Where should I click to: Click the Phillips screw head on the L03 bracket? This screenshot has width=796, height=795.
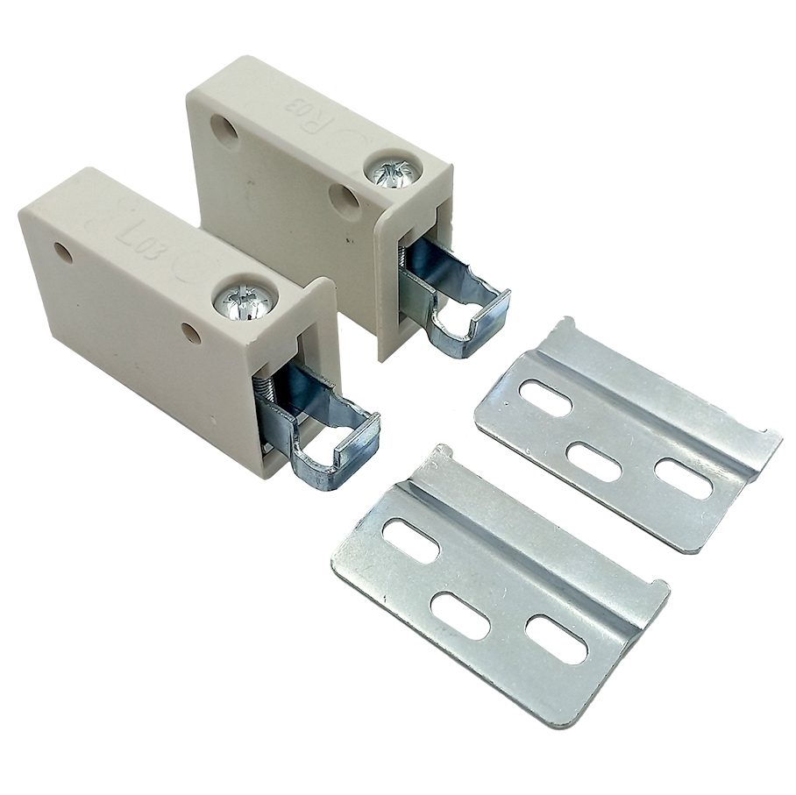pyautogui.click(x=245, y=302)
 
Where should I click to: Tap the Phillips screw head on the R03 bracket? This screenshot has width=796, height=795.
pyautogui.click(x=394, y=171)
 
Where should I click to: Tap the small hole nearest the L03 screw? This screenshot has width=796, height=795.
pyautogui.click(x=190, y=333)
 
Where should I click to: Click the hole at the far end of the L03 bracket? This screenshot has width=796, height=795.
pyautogui.click(x=63, y=252)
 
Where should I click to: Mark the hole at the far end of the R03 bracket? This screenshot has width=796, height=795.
pyautogui.click(x=224, y=131)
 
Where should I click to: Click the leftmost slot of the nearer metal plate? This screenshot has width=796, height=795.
pyautogui.click(x=410, y=541)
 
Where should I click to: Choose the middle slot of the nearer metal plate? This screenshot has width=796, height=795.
pyautogui.click(x=460, y=616)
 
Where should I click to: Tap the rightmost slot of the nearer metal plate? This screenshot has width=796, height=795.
pyautogui.click(x=556, y=639)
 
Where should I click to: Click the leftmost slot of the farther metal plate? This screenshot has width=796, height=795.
pyautogui.click(x=545, y=397)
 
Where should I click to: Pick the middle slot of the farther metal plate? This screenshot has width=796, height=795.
pyautogui.click(x=593, y=462)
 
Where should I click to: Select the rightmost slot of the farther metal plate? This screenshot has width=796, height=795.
pyautogui.click(x=683, y=479)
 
